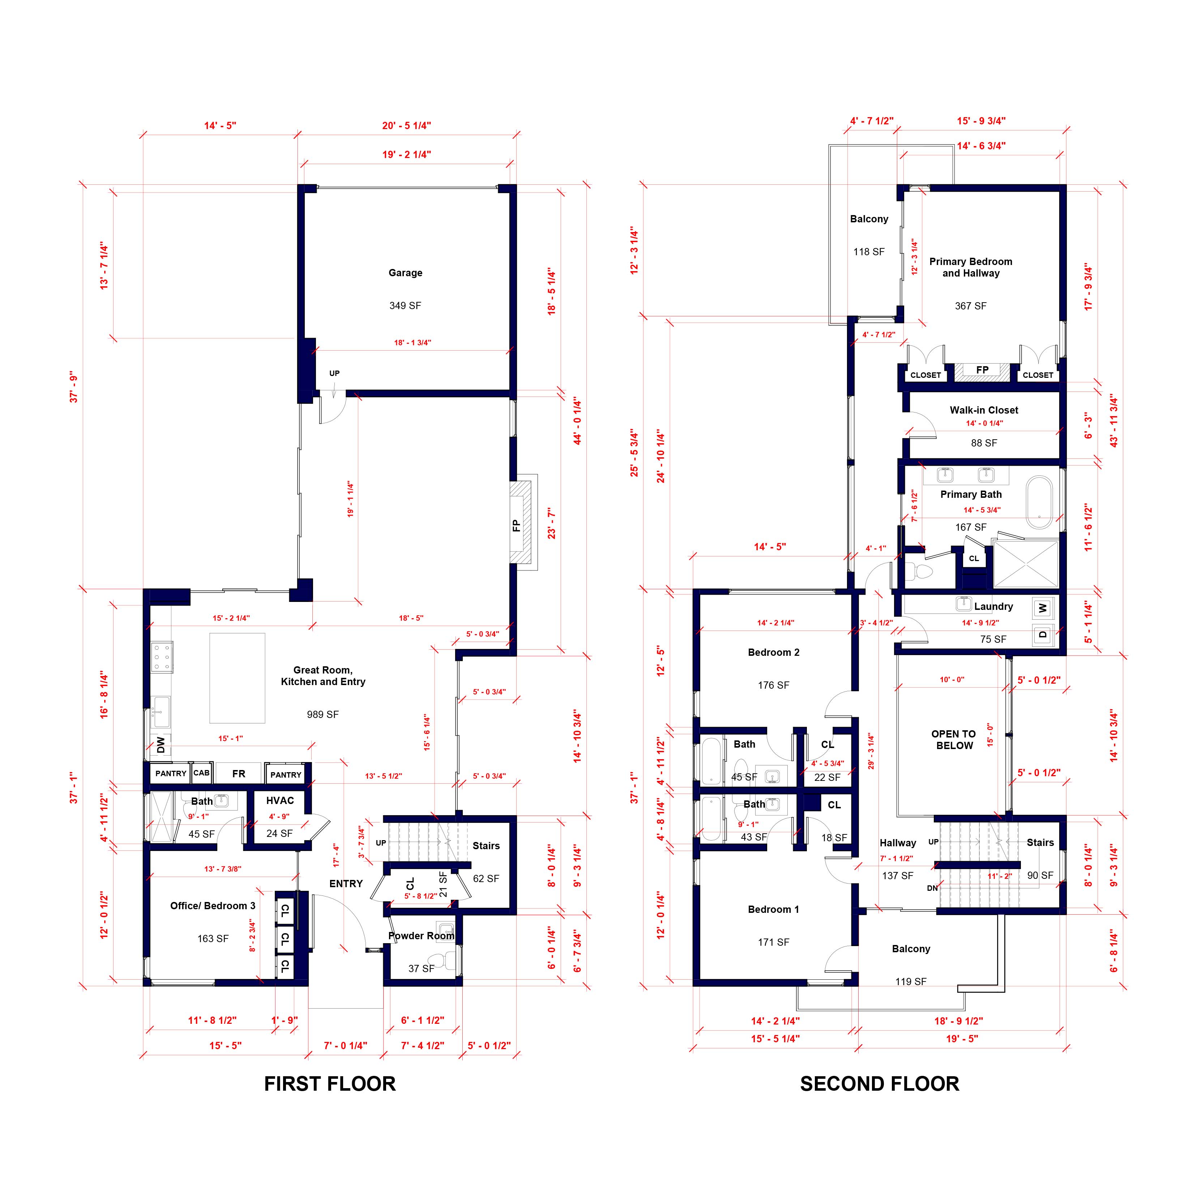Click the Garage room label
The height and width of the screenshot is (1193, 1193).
pos(405,273)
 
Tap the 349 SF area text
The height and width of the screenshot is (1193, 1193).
pos(405,305)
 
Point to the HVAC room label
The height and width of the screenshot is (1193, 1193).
pos(280,800)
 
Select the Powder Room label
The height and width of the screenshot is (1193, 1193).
pos(421,936)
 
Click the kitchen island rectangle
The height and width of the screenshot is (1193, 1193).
pos(237,677)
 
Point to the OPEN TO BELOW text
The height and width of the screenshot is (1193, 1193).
pos(953,740)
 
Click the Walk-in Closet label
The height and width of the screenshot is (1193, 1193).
pos(984,410)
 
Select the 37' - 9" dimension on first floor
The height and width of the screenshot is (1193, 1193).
pos(74,387)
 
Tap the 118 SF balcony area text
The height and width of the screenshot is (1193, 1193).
pos(869,252)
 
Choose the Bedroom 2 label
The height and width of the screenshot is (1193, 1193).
pos(773,653)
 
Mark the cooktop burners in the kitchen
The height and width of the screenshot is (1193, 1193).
pos(162,658)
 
